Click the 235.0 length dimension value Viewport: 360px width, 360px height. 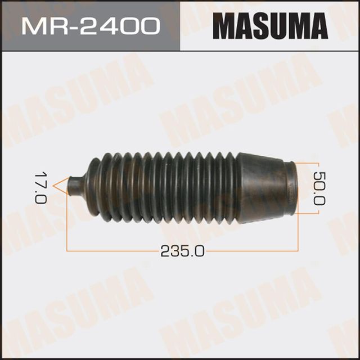182,251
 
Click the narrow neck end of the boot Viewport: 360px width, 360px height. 74,183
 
